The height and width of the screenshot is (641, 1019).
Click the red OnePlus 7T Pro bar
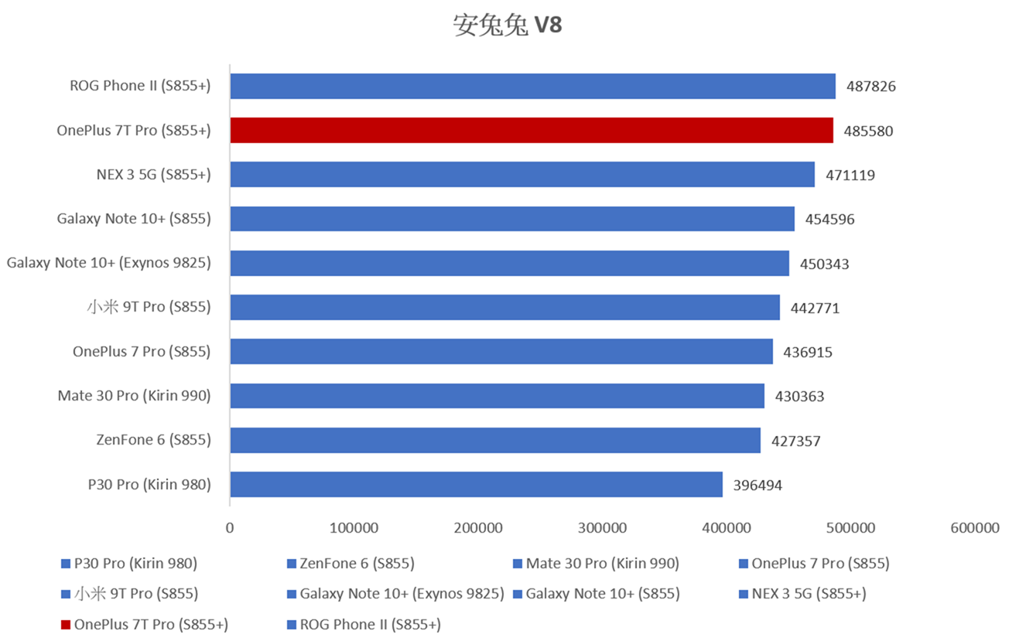(x=532, y=130)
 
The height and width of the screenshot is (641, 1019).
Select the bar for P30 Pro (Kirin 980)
(x=476, y=484)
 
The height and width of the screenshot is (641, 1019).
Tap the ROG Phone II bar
(x=532, y=86)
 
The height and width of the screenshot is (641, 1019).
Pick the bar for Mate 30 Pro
(x=497, y=396)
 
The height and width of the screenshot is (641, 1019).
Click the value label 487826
(x=871, y=87)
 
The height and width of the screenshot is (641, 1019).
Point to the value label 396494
(x=757, y=486)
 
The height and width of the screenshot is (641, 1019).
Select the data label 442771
(x=815, y=309)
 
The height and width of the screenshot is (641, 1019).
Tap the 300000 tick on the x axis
(x=603, y=528)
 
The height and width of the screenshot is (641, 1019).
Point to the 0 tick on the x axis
(x=230, y=528)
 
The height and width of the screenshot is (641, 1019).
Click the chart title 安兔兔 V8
(x=508, y=26)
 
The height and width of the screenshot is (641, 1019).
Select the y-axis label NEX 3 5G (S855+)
(x=153, y=175)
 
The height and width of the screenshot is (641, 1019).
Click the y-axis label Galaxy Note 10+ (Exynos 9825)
(x=108, y=263)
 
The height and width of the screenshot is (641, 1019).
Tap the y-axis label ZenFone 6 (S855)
(x=153, y=440)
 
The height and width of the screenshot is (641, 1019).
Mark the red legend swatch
(x=66, y=625)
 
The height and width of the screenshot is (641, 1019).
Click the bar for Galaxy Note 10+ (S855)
(x=512, y=219)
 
